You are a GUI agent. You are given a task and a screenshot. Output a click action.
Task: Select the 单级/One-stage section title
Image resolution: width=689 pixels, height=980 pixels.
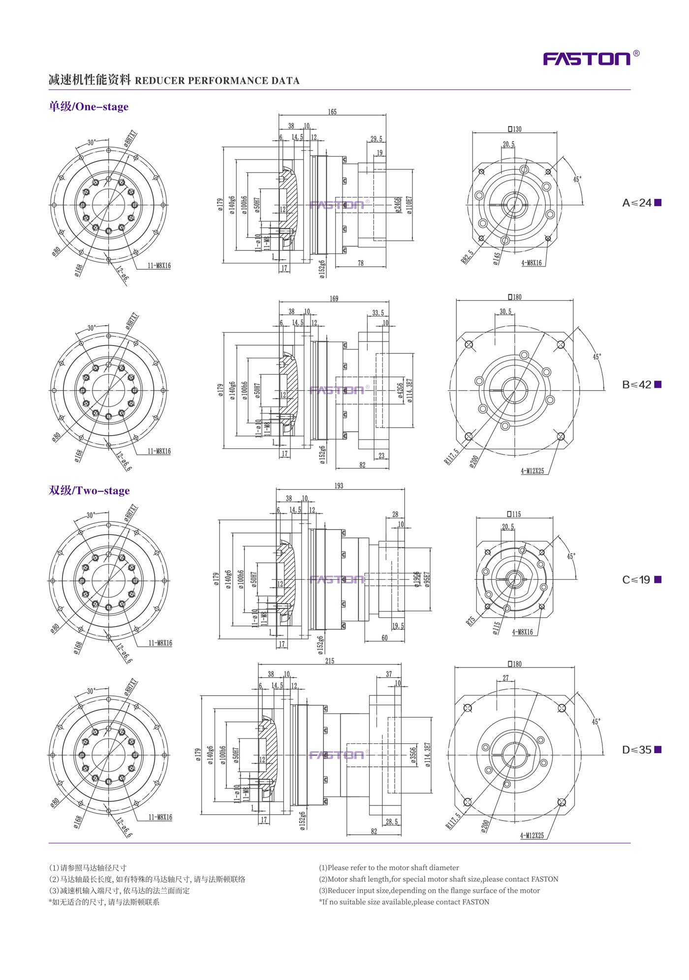pos(89,107)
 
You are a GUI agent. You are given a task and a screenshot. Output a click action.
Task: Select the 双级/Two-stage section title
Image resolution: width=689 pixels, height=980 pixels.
pos(89,491)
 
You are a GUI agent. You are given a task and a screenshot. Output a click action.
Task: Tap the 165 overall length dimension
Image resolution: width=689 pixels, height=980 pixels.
pos(332,112)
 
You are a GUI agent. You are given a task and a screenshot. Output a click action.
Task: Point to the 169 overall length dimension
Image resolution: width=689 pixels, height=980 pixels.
pos(334,299)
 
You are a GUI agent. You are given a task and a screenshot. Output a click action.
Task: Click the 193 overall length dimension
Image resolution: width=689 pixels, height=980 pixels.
pos(339,486)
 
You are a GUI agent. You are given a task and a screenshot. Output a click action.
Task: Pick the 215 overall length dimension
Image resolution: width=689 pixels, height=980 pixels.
pos(330,661)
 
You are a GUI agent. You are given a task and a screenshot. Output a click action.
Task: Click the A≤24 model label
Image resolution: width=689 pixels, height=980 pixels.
pos(641,203)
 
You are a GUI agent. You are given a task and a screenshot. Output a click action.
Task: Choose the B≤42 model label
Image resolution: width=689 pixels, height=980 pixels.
pos(641,385)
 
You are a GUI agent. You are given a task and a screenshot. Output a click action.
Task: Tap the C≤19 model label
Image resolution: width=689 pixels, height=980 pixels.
pos(641,580)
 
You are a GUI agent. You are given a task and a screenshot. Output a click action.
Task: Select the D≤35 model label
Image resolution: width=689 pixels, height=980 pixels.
pos(641,750)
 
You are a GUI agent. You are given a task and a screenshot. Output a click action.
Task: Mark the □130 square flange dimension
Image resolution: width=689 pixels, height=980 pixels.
pos(515,129)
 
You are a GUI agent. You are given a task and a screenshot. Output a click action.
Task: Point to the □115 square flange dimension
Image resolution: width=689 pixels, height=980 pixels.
pos(514,514)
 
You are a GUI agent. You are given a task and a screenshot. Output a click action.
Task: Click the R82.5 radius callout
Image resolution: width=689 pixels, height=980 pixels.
pos(468,257)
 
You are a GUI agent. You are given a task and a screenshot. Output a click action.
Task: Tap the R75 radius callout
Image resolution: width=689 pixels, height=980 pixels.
pos(471,621)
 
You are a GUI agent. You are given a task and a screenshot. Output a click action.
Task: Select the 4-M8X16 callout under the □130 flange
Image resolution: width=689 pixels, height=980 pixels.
pos(532,263)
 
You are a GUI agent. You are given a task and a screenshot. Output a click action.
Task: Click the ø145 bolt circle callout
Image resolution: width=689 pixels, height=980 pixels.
pos(497,258)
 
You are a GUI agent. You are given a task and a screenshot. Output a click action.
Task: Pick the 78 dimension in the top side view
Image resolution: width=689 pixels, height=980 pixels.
pos(361,263)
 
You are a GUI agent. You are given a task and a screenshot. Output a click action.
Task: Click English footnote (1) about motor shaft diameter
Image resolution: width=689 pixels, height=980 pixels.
pos(389,868)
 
